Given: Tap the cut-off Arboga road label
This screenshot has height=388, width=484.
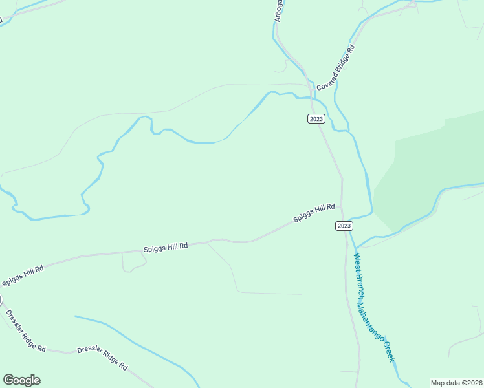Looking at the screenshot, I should click(x=278, y=11).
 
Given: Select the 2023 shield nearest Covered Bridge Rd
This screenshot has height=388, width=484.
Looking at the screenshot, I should click(x=316, y=118).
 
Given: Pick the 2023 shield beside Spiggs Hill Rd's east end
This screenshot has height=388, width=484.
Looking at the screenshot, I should click(x=344, y=225).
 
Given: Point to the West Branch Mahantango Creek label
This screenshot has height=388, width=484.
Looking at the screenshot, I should click(x=374, y=307).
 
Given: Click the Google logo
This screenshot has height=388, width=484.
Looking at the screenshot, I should click(x=21, y=380).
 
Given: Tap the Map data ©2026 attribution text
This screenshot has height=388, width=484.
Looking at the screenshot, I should click(x=456, y=383).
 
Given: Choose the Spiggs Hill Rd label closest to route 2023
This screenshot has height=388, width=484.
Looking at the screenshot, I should click(x=314, y=213).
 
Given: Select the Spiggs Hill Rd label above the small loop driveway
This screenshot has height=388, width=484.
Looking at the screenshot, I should click(x=166, y=246).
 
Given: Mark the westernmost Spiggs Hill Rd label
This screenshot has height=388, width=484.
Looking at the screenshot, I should click(x=22, y=274).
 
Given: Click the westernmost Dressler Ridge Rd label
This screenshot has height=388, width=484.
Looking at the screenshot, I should click(x=25, y=330).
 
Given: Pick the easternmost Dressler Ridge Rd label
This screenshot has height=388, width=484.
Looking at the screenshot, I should click(x=102, y=358).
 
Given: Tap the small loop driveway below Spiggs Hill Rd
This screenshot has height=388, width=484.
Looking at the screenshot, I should click(x=133, y=262).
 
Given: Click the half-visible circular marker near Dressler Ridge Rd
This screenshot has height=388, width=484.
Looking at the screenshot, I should click(x=1, y=299).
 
